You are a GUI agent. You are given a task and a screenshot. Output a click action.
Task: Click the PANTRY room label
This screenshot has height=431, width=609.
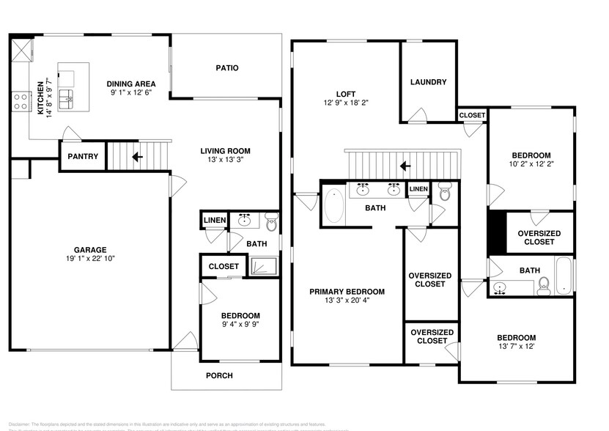tap(83, 157)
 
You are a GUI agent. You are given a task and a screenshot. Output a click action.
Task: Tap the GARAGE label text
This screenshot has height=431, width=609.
tap(90, 249)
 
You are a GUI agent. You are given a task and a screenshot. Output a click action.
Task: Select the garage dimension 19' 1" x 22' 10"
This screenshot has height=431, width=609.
tap(90, 259)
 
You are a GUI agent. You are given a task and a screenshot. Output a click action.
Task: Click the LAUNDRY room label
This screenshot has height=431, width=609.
tap(428, 82)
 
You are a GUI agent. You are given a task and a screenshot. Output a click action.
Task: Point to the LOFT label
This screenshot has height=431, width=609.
tap(346, 94)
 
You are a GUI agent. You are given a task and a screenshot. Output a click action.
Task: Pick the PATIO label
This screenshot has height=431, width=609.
tap(226, 68)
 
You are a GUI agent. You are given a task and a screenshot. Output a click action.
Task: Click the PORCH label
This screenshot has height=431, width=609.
tap(219, 376)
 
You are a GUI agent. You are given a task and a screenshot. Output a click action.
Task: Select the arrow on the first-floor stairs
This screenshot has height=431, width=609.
tap(135, 156)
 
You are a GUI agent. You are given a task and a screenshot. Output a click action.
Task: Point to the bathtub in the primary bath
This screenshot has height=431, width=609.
tap(333, 206)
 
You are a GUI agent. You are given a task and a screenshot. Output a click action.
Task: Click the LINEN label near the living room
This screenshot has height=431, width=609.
tap(214, 220)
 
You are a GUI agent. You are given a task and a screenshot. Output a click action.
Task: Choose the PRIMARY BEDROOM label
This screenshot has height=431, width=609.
tap(347, 292)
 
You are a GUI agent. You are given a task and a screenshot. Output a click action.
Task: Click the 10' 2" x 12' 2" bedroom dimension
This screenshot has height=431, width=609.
tap(531, 165)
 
